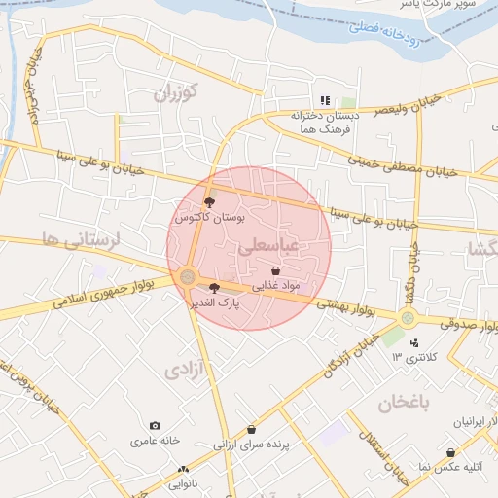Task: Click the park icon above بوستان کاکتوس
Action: click(x=210, y=203)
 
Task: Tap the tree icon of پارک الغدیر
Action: click(x=214, y=287)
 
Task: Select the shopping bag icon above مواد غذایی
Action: click(x=276, y=270)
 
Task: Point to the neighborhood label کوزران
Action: click(x=175, y=94)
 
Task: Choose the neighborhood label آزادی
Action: click(x=186, y=370)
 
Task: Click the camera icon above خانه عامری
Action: click(x=155, y=426)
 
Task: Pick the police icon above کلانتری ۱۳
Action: click(x=415, y=341)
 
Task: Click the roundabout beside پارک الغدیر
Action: click(x=188, y=278)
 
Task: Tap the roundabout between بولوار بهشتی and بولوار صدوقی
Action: click(x=407, y=318)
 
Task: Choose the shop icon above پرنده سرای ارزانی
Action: click(x=252, y=429)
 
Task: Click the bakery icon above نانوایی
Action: click(x=183, y=470)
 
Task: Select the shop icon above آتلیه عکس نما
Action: click(x=451, y=452)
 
